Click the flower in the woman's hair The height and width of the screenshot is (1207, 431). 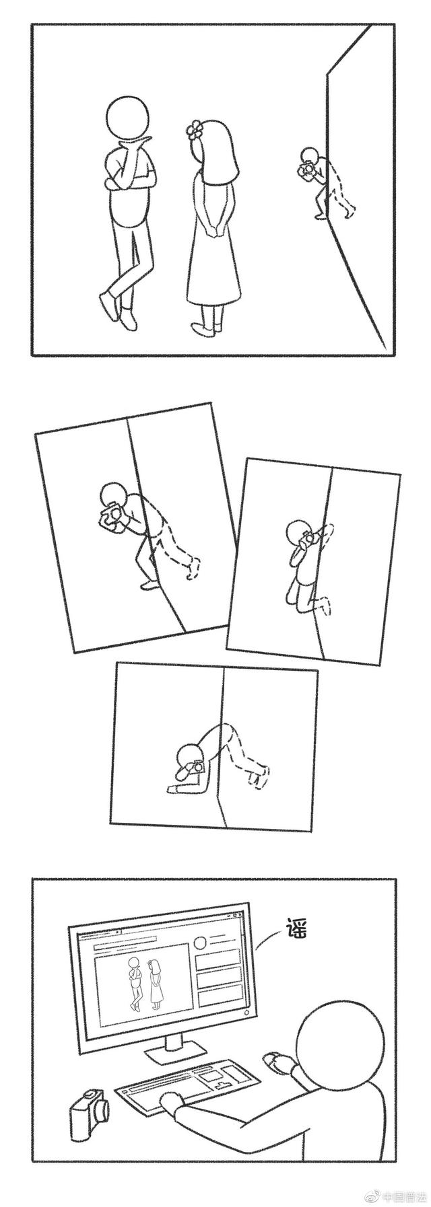(x=195, y=131)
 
